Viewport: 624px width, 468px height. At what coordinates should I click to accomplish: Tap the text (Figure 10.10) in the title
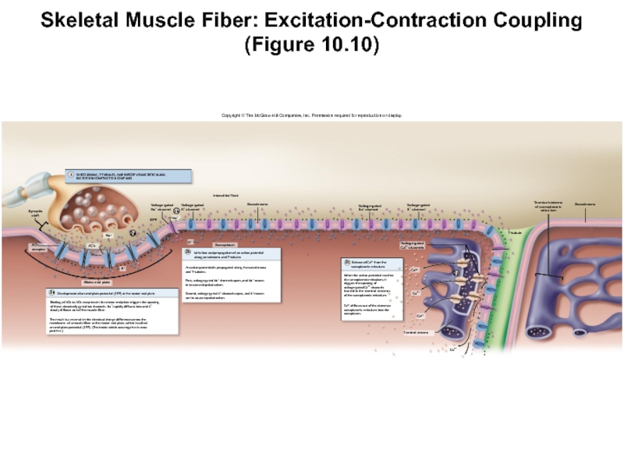coord(311,45)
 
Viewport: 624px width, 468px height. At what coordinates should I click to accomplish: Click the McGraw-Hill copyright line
coord(311,115)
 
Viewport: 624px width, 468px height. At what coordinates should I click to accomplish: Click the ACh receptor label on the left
coord(36,248)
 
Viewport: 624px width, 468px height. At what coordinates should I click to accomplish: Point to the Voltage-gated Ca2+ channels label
coord(415,245)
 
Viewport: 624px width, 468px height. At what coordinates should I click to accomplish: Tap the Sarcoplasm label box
coord(214,244)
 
